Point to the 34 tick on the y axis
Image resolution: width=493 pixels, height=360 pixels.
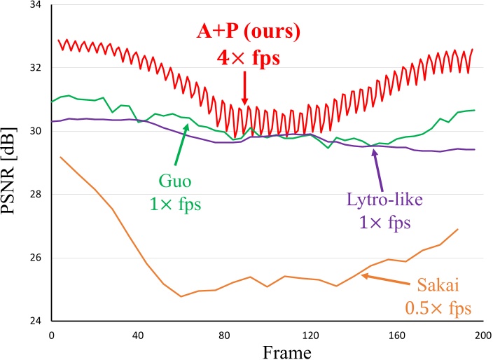click(x=36, y=5)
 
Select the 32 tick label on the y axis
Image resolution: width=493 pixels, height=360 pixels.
click(x=36, y=68)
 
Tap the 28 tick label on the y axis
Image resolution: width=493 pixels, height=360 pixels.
click(x=36, y=195)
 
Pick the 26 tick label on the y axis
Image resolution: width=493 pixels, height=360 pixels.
click(x=36, y=258)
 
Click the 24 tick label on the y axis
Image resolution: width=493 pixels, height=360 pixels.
click(x=36, y=321)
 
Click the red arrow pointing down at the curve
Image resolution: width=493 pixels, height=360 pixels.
click(x=244, y=91)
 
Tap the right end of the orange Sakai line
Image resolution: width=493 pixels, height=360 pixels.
click(x=458, y=229)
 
